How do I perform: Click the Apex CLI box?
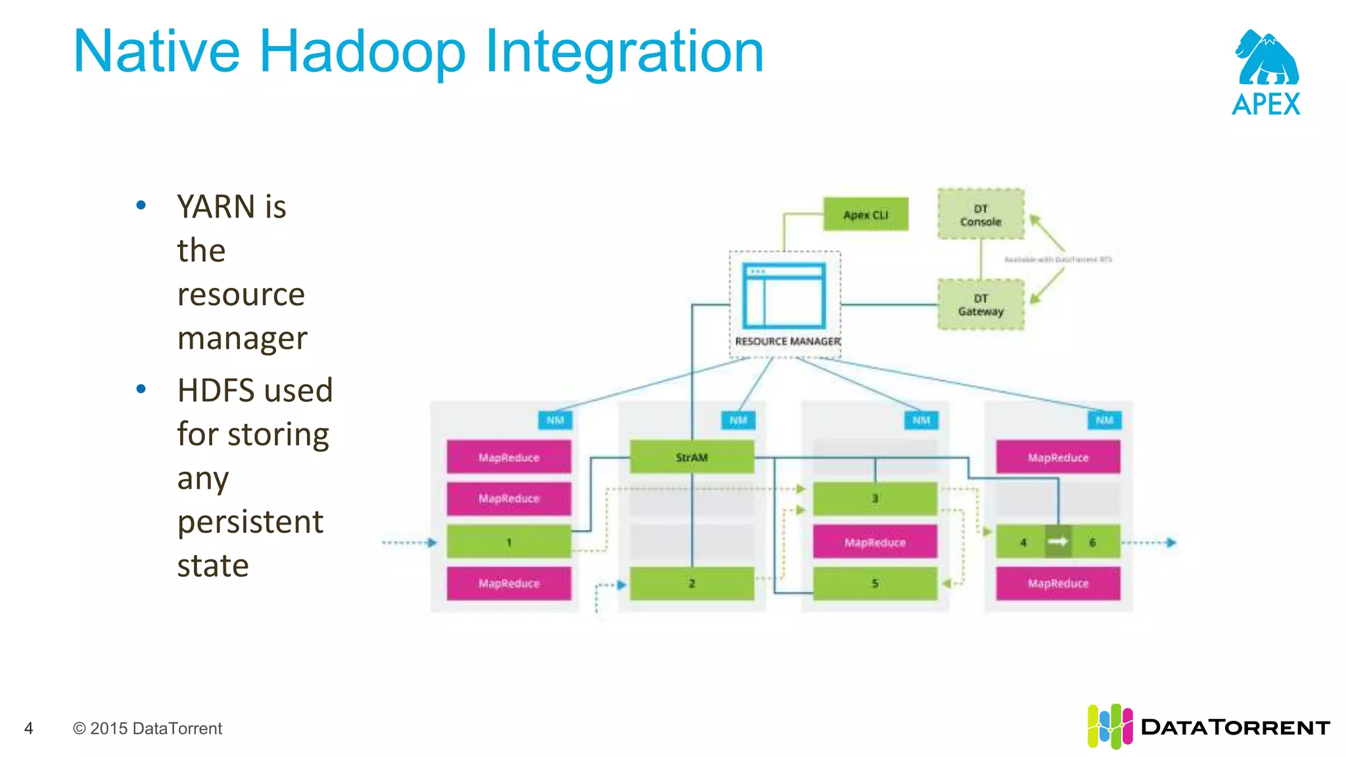pos(866,214)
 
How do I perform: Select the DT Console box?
pos(981,215)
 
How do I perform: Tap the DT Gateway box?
pos(981,305)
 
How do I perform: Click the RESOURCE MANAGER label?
pos(787,341)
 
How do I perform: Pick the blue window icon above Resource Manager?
pos(784,296)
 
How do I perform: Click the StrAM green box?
pos(691,457)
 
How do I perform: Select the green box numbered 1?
pos(509,542)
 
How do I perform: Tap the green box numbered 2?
pos(691,583)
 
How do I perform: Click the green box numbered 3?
pos(875,498)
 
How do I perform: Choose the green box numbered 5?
pos(875,583)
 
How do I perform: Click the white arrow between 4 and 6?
pos(1057,541)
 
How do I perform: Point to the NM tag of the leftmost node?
pos(555,420)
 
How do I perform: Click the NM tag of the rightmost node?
pos(1104,420)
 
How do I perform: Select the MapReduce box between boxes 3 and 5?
pos(875,542)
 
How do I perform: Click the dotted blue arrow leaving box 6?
pos(1150,543)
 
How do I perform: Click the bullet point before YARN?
pos(141,206)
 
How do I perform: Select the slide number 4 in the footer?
pos(28,728)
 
